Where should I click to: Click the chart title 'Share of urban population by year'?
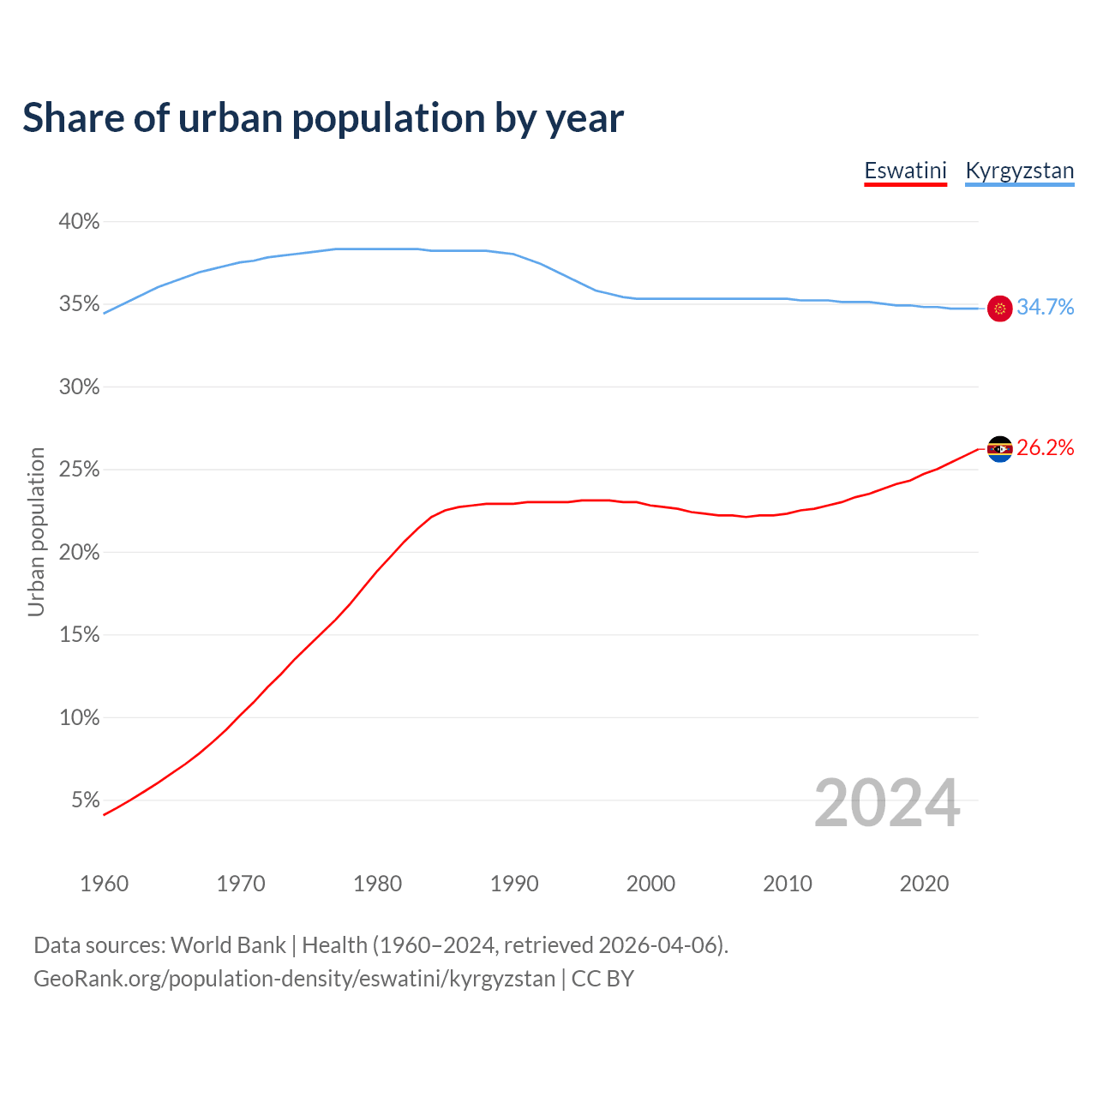[x=323, y=118]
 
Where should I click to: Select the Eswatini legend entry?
[x=905, y=171]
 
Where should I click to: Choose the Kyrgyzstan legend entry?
[x=1019, y=171]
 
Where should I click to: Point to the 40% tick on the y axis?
[x=79, y=222]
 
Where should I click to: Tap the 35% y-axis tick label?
[x=79, y=304]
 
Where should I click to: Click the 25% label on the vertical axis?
[x=79, y=470]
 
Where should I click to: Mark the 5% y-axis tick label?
[x=86, y=800]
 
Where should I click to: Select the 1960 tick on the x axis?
[x=104, y=884]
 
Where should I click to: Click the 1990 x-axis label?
[x=514, y=884]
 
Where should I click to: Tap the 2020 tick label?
[x=924, y=884]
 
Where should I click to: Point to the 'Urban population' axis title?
[x=36, y=531]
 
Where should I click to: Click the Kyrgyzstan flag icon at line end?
[x=1000, y=309]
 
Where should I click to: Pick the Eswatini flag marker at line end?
[x=1000, y=449]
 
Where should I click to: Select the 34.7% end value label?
[x=1046, y=308]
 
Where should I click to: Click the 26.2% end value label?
[x=1046, y=448]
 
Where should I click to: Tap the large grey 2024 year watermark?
[x=887, y=803]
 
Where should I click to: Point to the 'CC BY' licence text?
[x=602, y=979]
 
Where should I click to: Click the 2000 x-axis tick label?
[x=650, y=884]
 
